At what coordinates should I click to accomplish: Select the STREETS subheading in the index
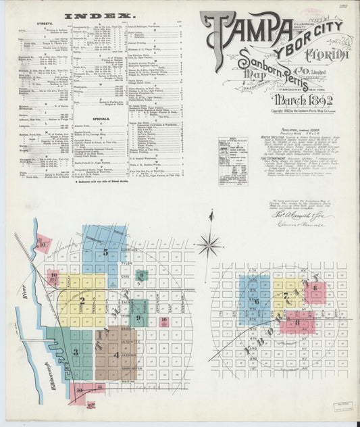coord(37,23)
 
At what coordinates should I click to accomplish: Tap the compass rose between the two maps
coord(209,243)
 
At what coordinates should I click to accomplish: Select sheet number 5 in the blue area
coord(106,253)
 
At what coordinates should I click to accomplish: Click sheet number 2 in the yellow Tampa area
coord(82,301)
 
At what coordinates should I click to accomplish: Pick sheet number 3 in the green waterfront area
coord(76,351)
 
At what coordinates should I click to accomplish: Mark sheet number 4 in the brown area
coord(116,354)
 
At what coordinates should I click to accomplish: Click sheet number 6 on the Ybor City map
coord(257,301)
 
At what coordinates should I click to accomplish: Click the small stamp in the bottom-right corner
coord(342,405)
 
